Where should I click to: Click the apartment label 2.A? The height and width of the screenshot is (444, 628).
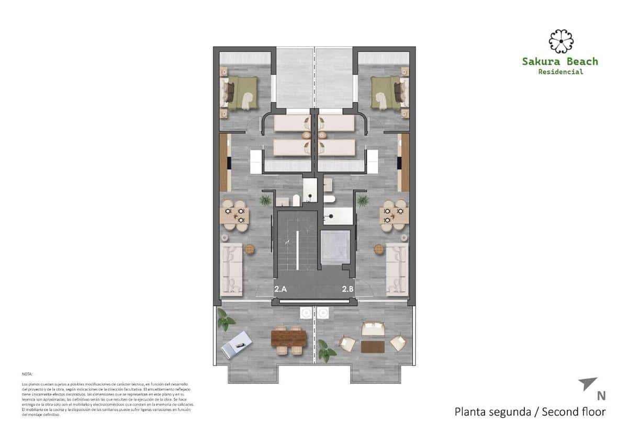coord(281,288)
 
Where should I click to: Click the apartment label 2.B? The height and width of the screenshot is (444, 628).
coord(348,288)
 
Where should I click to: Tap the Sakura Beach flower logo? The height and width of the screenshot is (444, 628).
coord(560,42)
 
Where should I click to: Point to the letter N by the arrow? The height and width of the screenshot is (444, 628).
coord(601,396)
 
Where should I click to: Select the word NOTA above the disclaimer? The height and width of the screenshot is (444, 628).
coord(27,374)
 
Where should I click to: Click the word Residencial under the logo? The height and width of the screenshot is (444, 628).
coord(560,72)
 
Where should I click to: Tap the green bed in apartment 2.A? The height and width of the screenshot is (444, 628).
coord(241,93)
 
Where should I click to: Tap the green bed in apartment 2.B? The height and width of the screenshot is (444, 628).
coord(388,93)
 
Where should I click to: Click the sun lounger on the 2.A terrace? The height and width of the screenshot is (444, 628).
coord(237,344)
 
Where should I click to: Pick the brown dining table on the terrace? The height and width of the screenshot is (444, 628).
coord(289,339)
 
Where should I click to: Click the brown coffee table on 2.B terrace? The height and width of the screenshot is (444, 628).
coord(372,346)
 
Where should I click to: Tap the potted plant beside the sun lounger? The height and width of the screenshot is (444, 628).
coord(225,320)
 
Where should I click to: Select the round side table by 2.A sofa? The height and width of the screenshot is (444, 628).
coord(250,249)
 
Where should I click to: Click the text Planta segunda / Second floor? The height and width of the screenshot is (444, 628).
coord(530,412)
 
